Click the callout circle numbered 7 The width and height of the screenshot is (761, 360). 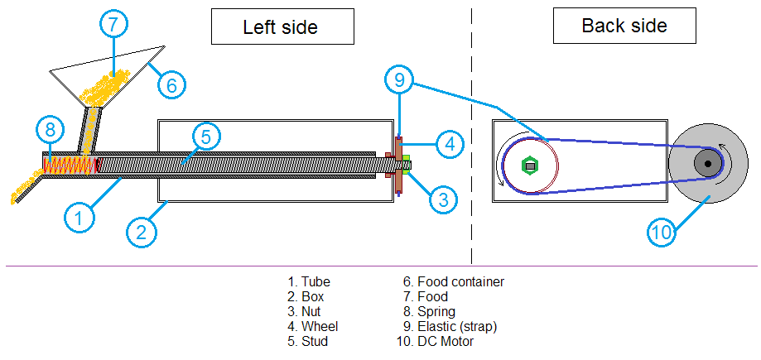[115, 24]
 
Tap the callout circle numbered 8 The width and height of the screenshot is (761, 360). [51, 129]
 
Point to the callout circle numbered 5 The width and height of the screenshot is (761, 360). [207, 136]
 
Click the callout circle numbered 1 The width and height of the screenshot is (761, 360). [79, 218]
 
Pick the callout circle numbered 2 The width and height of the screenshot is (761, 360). [142, 232]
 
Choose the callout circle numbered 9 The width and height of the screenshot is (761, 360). [399, 80]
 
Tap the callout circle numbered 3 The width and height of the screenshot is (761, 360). [443, 199]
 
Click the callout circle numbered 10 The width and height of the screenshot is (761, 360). [662, 233]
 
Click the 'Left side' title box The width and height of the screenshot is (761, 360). [280, 27]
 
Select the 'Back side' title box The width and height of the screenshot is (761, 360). [624, 26]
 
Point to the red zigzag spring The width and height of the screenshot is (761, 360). [71, 166]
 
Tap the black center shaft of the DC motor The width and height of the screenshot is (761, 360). [708, 164]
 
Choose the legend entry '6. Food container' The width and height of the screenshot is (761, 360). [454, 281]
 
